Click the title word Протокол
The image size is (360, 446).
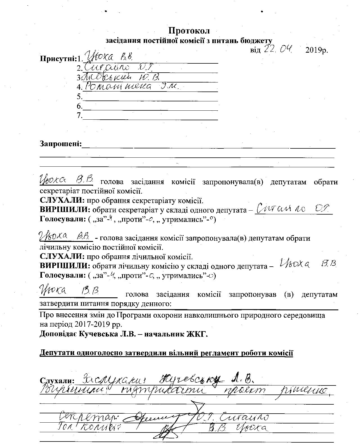pos(189,30)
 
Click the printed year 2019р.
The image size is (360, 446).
pos(317,50)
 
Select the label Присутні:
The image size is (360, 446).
pos(58,59)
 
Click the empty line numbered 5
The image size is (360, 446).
pos(150,97)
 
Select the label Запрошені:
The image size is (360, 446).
pos(61,144)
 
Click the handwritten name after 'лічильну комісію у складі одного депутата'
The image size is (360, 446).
pos(308,264)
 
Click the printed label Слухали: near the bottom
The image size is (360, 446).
pos(57,381)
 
